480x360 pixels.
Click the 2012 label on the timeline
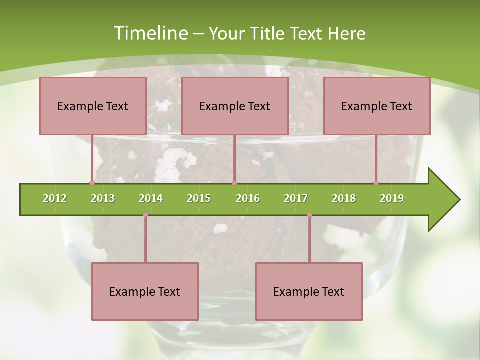[55, 198]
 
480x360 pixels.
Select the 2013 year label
[103, 198]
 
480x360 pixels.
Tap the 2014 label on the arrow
[151, 198]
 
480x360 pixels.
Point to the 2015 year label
[199, 198]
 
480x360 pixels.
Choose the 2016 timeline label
[248, 198]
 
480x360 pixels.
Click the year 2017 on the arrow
[296, 198]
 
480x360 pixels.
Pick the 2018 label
[344, 198]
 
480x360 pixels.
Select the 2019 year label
[392, 198]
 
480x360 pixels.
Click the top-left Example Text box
[93, 106]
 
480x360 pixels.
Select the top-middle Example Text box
[235, 106]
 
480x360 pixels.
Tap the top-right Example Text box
[377, 106]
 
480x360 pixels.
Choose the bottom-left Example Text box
[145, 292]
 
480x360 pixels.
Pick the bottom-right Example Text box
[309, 292]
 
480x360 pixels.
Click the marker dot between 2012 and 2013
[92, 183]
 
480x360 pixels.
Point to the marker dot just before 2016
[234, 183]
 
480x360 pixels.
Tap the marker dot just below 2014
[145, 214]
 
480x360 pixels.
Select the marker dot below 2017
[309, 214]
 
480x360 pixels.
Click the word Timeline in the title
[150, 33]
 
